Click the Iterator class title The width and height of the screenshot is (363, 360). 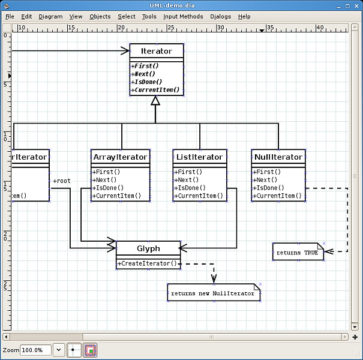click(x=156, y=52)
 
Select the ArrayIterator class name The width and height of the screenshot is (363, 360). click(x=120, y=157)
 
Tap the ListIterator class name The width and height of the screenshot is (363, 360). click(x=199, y=157)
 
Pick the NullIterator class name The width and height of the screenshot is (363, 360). click(x=278, y=157)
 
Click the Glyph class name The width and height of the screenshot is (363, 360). click(x=148, y=248)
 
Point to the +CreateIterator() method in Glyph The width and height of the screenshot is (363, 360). click(x=148, y=263)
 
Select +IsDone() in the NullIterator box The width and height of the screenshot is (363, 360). click(x=267, y=188)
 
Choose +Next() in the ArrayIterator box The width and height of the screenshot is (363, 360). click(x=105, y=180)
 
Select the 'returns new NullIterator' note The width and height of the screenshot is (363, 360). click(x=214, y=293)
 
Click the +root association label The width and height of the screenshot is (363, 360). click(x=62, y=181)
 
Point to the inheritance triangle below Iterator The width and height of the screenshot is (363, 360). click(x=155, y=101)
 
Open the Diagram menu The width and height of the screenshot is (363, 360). click(x=50, y=17)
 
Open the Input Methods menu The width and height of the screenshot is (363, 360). click(x=183, y=17)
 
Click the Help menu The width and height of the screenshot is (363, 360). click(x=244, y=17)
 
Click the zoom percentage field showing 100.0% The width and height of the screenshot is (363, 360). click(x=35, y=350)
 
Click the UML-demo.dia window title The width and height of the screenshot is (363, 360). click(x=181, y=5)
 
